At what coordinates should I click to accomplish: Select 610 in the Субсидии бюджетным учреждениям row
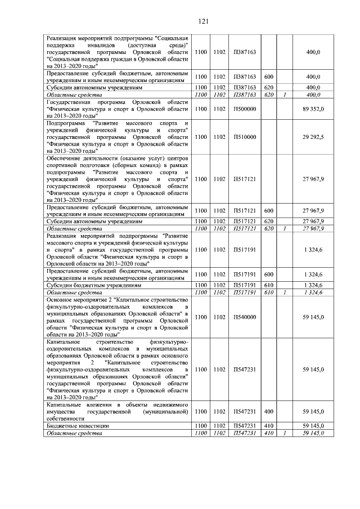269,286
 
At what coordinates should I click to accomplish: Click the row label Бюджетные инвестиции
70,426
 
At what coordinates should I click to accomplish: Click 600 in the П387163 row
269,76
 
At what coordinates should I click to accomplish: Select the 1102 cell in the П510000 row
219,137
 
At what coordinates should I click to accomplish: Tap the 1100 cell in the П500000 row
200,109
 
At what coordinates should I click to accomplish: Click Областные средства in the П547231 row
74,434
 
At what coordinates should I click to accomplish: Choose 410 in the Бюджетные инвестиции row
269,426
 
